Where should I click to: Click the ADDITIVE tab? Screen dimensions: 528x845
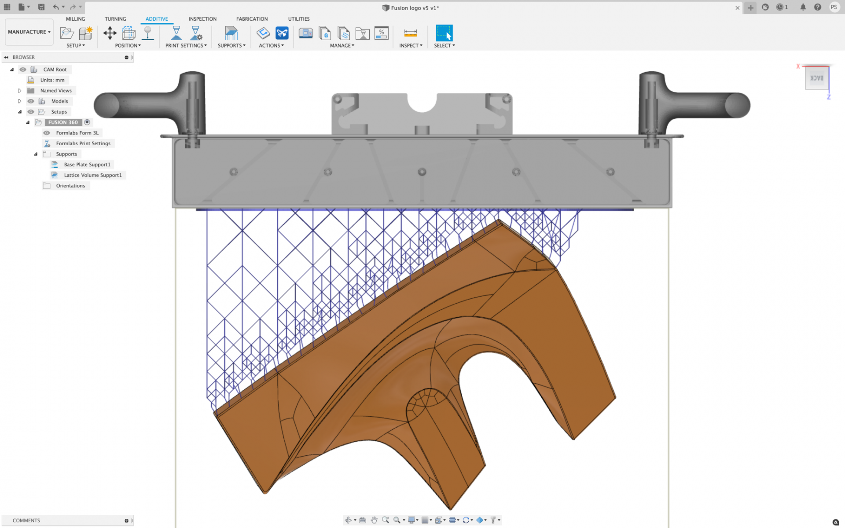[x=157, y=19]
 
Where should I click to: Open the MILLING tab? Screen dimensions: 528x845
[x=75, y=19]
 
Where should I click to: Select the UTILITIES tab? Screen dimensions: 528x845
[x=299, y=19]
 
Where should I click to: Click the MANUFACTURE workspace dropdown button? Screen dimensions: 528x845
[x=29, y=32]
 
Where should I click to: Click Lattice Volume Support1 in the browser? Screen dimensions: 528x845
[x=92, y=175]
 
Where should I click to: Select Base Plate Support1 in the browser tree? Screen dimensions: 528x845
[x=87, y=165]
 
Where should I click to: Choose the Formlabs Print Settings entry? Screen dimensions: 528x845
[x=83, y=143]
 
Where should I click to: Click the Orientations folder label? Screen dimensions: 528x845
[x=70, y=186]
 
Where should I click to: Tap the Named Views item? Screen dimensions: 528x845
[x=56, y=91]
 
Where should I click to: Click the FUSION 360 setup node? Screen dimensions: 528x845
[x=63, y=122]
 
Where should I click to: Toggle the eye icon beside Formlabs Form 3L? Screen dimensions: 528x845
[x=47, y=133]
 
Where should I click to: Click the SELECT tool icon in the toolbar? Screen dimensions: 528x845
[x=444, y=33]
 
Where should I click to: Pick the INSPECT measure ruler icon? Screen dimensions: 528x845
[x=410, y=33]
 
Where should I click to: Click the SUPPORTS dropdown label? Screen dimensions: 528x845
[x=231, y=46]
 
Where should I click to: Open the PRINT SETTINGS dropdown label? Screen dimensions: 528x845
[x=186, y=46]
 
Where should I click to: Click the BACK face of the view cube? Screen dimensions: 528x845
[x=817, y=78]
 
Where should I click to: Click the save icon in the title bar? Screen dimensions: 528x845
[x=41, y=7]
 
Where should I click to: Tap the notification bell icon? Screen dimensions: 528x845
[x=803, y=7]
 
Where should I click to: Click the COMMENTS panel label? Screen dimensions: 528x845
[x=26, y=521]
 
